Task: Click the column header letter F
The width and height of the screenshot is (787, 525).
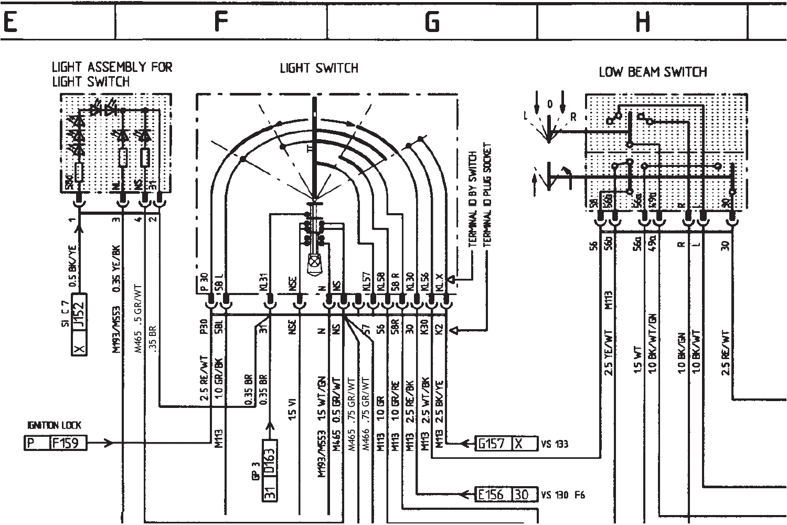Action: (221, 22)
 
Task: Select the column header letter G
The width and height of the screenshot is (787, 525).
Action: (432, 22)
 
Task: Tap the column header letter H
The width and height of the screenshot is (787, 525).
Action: (643, 22)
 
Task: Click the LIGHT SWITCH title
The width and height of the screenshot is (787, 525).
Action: (319, 68)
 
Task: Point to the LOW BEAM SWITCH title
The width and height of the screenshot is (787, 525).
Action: (653, 72)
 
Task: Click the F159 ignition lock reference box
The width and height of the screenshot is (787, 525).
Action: (68, 443)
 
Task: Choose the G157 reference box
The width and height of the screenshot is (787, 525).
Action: (492, 444)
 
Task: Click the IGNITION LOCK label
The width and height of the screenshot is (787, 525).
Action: (54, 425)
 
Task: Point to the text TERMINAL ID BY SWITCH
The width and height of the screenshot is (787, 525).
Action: (472, 199)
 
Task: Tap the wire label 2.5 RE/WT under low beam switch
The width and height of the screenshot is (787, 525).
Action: (726, 352)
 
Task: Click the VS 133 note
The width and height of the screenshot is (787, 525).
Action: (555, 444)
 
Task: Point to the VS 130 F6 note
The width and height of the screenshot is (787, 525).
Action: (563, 495)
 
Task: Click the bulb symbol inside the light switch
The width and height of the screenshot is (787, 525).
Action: (314, 260)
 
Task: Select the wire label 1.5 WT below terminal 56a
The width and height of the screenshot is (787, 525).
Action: (638, 360)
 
